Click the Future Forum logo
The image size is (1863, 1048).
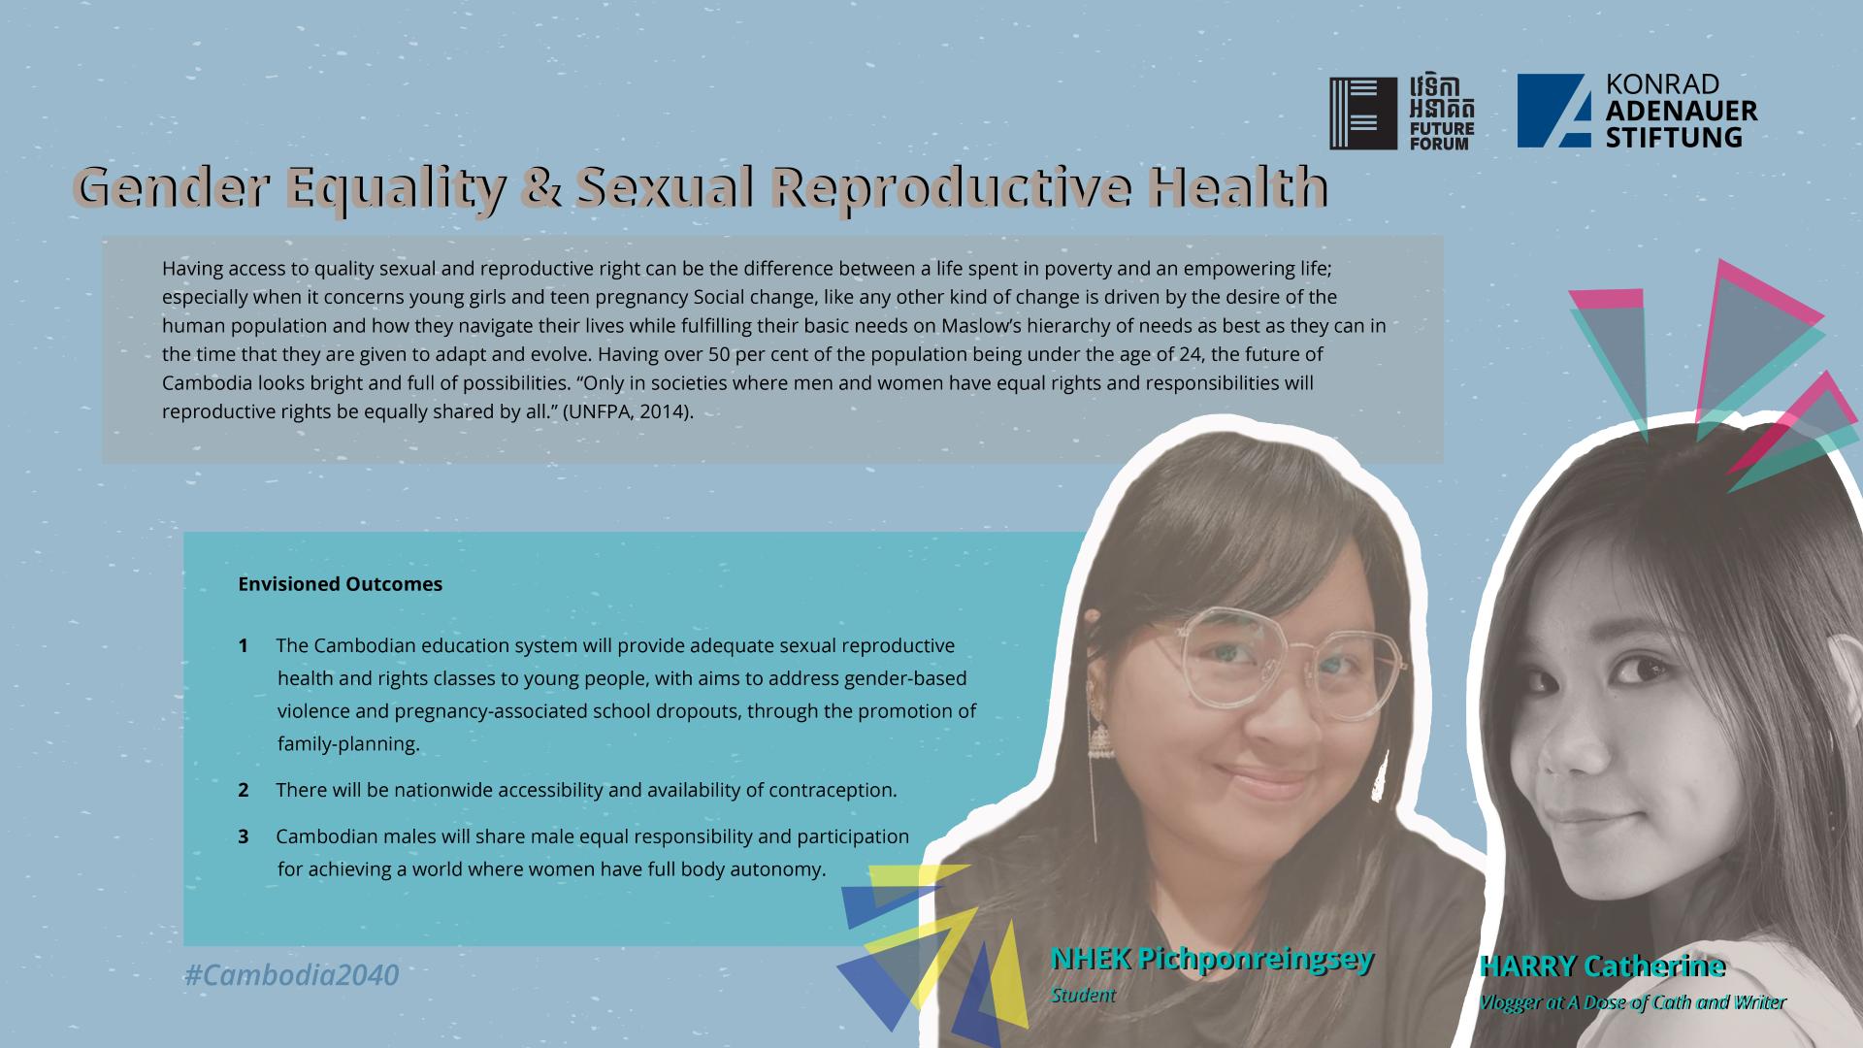pyautogui.click(x=1401, y=114)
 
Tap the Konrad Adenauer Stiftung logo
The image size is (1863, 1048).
pyautogui.click(x=1637, y=111)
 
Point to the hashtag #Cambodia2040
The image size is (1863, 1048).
pyautogui.click(x=291, y=974)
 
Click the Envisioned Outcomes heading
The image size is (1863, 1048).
pyautogui.click(x=340, y=584)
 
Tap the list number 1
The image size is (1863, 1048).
pyautogui.click(x=244, y=645)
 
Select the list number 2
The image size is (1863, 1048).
pyautogui.click(x=244, y=790)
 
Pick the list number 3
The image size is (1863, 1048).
pyautogui.click(x=244, y=836)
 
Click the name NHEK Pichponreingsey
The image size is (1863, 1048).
pyautogui.click(x=1212, y=959)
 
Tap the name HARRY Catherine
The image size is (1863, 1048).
pyautogui.click(x=1602, y=966)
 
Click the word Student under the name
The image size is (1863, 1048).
pyautogui.click(x=1083, y=995)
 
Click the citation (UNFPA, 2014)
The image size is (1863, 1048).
pyautogui.click(x=628, y=411)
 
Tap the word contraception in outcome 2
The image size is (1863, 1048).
pyautogui.click(x=833, y=791)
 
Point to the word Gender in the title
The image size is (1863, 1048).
pyautogui.click(x=172, y=186)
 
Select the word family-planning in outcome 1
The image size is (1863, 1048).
pyautogui.click(x=348, y=744)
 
